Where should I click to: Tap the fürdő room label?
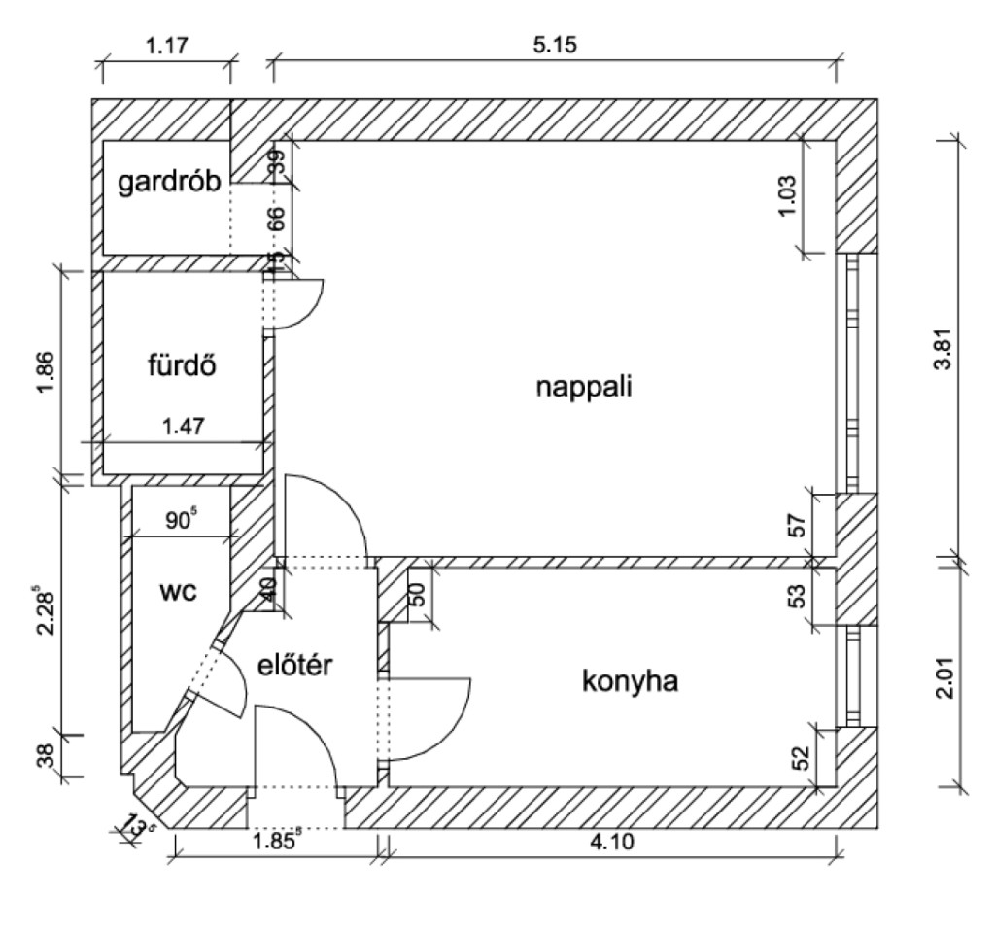(x=181, y=367)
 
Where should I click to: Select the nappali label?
(x=584, y=387)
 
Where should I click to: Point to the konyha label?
(x=630, y=681)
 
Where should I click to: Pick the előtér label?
(x=295, y=666)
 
